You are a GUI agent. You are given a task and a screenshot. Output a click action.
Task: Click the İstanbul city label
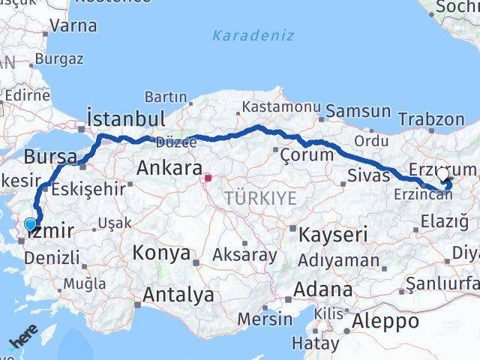[125, 118]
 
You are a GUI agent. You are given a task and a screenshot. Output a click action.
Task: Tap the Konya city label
[161, 253]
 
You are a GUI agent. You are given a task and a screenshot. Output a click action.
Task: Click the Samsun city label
[358, 111]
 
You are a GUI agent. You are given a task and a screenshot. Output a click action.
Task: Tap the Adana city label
[323, 289]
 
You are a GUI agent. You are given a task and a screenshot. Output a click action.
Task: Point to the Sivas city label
[369, 175]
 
